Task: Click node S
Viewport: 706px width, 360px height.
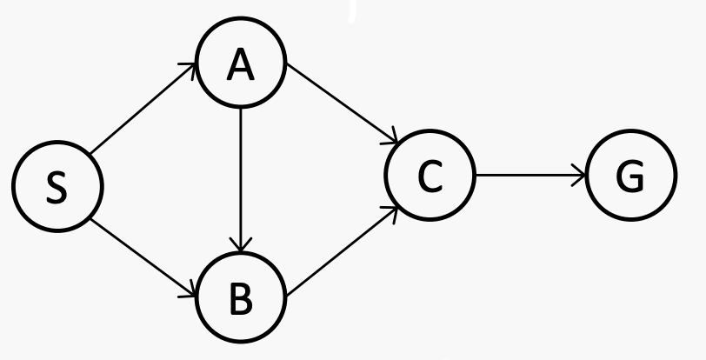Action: pyautogui.click(x=57, y=187)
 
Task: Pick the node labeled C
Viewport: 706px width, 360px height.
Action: pyautogui.click(x=430, y=177)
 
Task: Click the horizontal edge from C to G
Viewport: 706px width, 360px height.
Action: pyautogui.click(x=530, y=177)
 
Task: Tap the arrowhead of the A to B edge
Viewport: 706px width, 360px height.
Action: pyautogui.click(x=241, y=248)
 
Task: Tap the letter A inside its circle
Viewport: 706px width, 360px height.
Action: pyautogui.click(x=240, y=65)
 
